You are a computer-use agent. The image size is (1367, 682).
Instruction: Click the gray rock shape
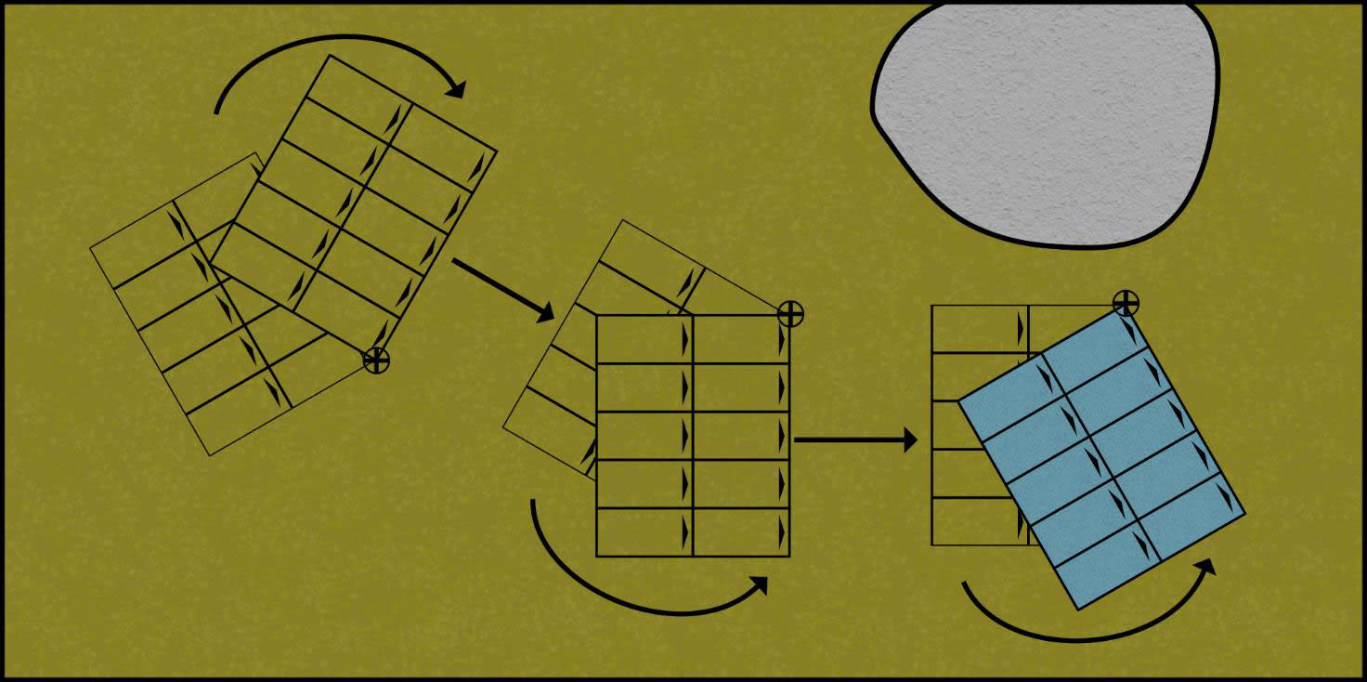click(1045, 121)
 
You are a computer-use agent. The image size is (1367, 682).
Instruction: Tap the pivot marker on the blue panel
click(1126, 302)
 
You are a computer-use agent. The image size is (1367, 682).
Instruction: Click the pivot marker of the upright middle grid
click(789, 314)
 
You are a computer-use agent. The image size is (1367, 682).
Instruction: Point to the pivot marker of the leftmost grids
click(376, 360)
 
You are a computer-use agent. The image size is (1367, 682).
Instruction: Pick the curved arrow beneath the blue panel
click(1087, 632)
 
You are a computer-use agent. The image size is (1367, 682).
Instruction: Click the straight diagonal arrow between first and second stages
click(501, 288)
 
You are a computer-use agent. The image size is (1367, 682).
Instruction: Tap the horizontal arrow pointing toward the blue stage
click(854, 439)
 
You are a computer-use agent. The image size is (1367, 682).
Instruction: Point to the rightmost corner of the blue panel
click(1243, 512)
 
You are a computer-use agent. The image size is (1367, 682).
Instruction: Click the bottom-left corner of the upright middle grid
click(596, 556)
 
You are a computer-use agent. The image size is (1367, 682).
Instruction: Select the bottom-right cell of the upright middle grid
click(741, 532)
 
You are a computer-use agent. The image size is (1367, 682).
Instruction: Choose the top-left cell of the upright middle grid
click(644, 339)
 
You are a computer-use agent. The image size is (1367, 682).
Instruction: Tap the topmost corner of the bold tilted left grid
click(330, 56)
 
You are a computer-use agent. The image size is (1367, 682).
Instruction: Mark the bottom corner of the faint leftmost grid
click(209, 455)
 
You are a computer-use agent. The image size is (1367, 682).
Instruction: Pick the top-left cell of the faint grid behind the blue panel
click(980, 329)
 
